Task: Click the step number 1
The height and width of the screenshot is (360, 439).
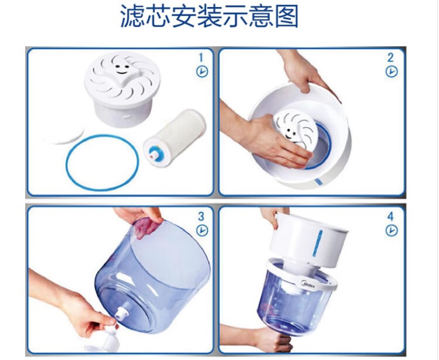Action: point(201,58)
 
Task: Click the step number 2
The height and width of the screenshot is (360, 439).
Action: point(390,58)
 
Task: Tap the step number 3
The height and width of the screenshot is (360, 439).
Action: point(201,217)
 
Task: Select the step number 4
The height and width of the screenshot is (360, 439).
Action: point(390,217)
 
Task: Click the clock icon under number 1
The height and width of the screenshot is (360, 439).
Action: point(202,71)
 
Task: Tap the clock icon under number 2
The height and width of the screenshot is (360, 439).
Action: point(392,71)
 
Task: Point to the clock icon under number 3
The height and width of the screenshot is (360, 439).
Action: point(202,231)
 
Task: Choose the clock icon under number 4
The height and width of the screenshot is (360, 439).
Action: point(392,231)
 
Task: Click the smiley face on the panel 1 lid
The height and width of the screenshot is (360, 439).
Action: point(122,69)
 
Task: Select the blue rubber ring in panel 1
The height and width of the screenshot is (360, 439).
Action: point(66,162)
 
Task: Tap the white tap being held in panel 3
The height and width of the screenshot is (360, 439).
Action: point(108,340)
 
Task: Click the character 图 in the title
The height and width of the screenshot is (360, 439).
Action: point(286,16)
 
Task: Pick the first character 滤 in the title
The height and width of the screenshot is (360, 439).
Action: point(133,16)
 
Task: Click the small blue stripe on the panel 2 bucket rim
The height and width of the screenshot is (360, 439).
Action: point(317,181)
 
